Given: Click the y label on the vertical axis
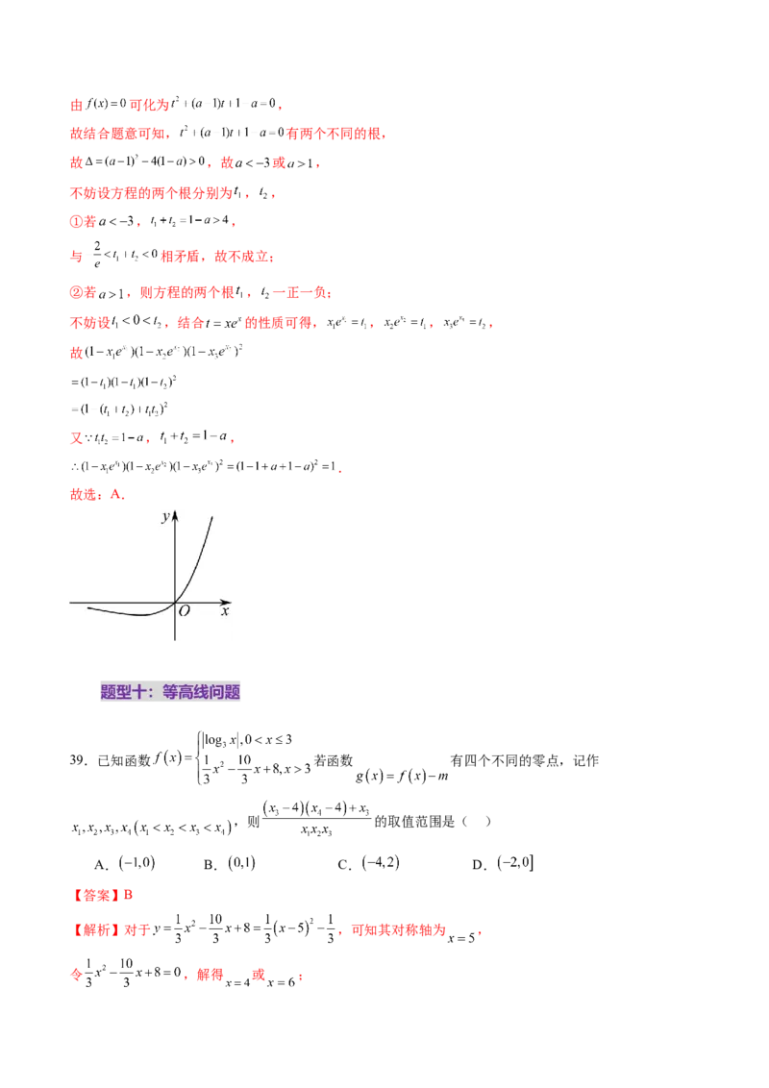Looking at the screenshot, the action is [165, 517].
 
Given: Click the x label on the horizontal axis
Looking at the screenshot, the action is [225, 611].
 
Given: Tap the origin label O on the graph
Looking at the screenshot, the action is [185, 610].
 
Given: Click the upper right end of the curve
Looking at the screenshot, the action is [211, 516].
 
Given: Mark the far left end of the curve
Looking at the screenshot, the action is [87, 607].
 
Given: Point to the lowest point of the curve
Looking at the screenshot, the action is [144, 614].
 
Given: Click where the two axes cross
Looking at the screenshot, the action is [175, 603].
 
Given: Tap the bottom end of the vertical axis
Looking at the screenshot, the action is [175, 640].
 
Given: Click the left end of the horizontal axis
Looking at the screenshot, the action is [68, 603].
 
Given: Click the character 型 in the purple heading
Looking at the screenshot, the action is [124, 692].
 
